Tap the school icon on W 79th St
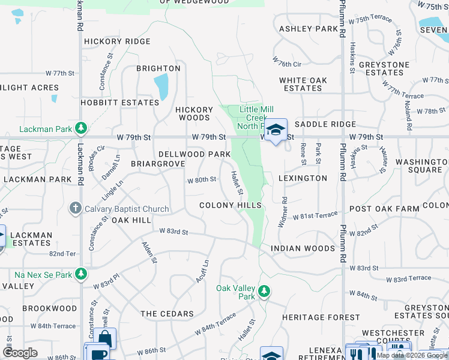click(276, 130)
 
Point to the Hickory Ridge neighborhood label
click(118, 41)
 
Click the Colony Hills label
click(231, 205)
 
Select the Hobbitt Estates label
click(120, 103)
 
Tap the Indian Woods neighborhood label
click(303, 248)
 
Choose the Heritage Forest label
click(313, 317)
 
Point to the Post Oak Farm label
click(384, 208)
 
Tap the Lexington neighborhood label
click(303, 178)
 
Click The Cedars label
click(167, 314)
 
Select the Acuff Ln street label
click(202, 272)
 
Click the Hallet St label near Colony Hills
click(237, 183)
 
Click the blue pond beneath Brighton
click(161, 88)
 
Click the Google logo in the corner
click(20, 353)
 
